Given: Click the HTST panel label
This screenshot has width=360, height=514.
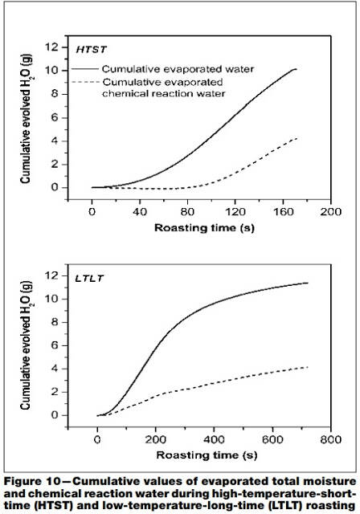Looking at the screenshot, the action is (91, 50).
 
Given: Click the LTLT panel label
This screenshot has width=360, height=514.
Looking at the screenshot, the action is (89, 279).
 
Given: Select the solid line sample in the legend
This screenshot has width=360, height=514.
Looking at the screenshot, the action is (84, 69).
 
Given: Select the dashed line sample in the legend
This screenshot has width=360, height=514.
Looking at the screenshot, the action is (85, 82).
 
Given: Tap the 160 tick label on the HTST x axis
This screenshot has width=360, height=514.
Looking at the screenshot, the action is (284, 212).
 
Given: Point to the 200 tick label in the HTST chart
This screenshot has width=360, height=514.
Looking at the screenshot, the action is (330, 212).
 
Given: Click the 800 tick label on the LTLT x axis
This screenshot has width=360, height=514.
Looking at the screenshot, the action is (330, 439).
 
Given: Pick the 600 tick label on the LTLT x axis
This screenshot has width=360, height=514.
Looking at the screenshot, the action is (272, 439).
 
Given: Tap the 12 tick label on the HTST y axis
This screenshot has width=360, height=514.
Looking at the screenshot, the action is (51, 47).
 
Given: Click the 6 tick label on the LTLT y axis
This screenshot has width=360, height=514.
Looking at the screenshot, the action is (55, 345).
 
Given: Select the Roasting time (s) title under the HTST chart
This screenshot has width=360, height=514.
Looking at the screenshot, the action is (204, 228).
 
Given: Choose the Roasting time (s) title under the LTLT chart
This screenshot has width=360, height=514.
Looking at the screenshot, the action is (207, 455).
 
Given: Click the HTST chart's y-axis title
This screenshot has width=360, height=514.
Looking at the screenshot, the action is (27, 118).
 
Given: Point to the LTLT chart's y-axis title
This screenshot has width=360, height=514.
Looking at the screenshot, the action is (27, 345).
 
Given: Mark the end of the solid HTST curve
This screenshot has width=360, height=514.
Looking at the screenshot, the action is (296, 69).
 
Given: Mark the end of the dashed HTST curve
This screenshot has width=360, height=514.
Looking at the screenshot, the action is (297, 138).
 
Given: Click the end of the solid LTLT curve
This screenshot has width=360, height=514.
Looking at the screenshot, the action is (308, 283).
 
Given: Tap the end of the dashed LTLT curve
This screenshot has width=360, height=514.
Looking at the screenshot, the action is (308, 367).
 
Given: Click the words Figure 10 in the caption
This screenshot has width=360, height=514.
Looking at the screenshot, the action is (32, 481).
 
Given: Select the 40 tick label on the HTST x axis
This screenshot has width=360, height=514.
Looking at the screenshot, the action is (140, 212).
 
